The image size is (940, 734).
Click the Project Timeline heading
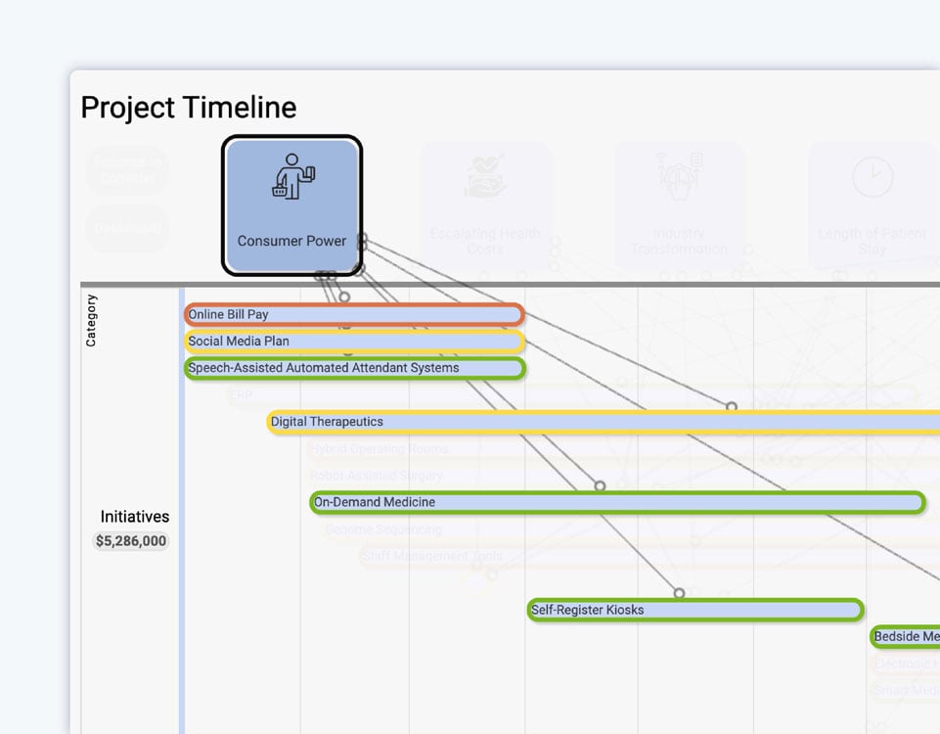(188, 108)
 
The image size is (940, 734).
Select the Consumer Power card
(291, 206)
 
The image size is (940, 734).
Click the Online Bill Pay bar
(354, 315)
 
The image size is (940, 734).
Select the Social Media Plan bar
(354, 342)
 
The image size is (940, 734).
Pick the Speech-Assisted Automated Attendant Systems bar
(354, 369)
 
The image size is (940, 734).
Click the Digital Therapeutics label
(327, 422)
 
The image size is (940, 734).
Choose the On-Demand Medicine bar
(616, 503)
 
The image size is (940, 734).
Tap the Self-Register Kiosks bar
(694, 611)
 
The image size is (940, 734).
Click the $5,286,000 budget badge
(131, 541)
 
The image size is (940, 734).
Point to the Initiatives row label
(134, 517)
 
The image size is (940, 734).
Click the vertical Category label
(91, 320)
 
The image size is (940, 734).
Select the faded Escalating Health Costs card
(485, 206)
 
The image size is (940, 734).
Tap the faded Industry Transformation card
(679, 206)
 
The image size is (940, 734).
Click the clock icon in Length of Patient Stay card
(872, 177)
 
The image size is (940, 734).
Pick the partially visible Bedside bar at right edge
(906, 637)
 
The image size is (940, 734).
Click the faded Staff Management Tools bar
(432, 557)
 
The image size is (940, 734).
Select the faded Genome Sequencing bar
(383, 529)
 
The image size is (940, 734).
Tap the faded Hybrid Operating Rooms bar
(379, 449)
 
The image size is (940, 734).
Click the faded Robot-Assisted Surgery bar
(377, 476)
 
